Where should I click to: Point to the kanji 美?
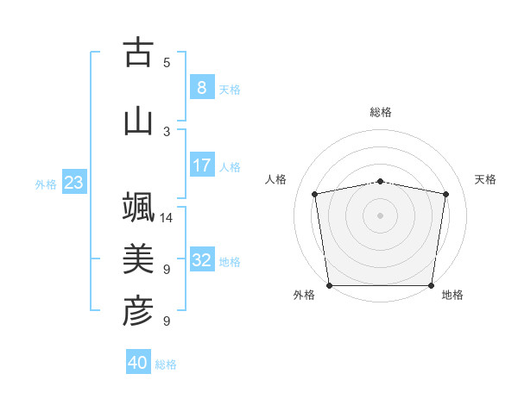tap(138, 259)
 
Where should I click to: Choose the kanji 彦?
tap(138, 311)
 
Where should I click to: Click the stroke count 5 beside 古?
tap(167, 62)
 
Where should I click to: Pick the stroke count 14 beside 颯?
tap(167, 218)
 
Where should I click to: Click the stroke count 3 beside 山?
tap(167, 131)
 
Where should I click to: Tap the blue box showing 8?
tap(201, 87)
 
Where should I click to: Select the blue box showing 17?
tap(201, 165)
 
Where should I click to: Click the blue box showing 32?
tap(201, 260)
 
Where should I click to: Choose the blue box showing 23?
tap(73, 182)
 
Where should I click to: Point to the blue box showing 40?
tap(138, 363)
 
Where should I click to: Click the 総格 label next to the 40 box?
tap(167, 364)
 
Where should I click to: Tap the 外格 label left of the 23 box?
tap(46, 184)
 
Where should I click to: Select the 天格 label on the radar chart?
tap(486, 179)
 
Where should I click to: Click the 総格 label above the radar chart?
tap(381, 112)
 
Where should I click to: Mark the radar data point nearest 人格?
tap(315, 194)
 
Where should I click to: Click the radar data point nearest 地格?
tap(432, 285)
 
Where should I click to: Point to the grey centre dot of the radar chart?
tap(381, 215)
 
